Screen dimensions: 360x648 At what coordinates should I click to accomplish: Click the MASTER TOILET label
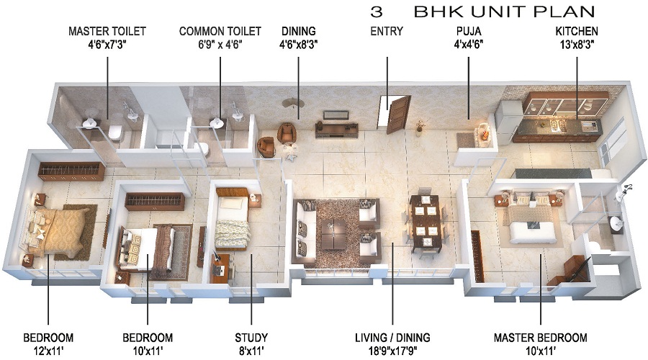pos(107,32)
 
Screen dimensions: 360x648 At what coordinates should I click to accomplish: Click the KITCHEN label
pos(576,32)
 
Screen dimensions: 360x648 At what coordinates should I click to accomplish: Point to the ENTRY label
pos(387,32)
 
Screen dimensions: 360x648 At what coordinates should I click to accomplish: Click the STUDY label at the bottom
pos(251,337)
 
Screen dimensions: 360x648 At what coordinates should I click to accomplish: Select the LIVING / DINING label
pos(392,337)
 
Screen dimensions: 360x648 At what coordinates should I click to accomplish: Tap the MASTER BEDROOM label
pos(540,337)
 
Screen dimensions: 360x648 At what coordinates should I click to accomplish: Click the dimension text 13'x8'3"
pos(576,45)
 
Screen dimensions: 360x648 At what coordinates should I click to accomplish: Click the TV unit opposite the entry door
pos(336,127)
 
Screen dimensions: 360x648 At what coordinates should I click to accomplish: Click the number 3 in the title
pos(376,12)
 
